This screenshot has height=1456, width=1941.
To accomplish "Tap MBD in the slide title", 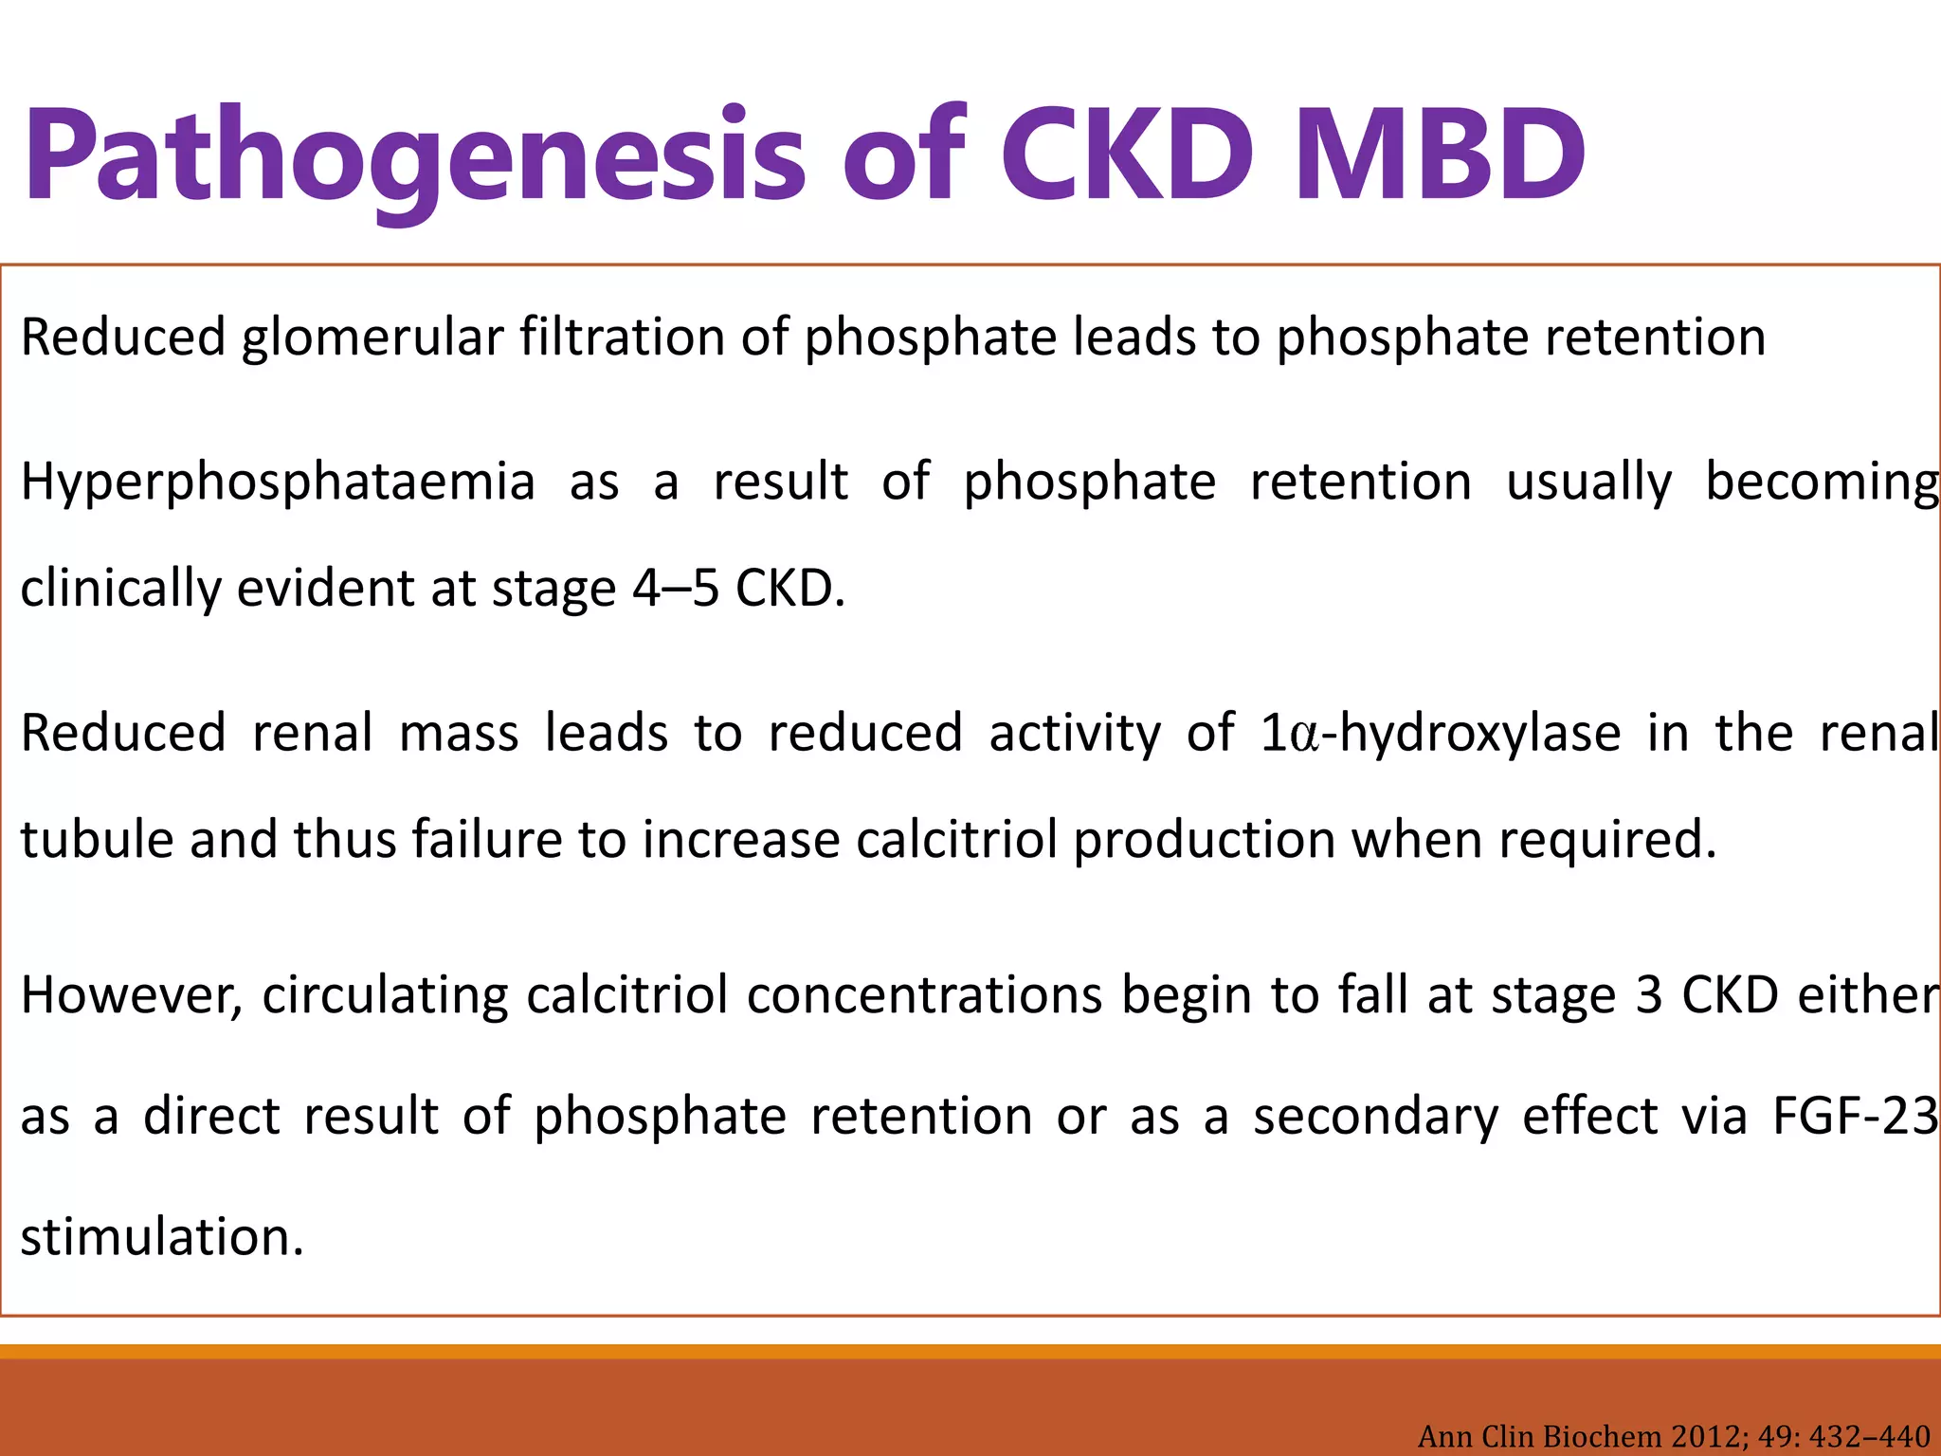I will (1440, 156).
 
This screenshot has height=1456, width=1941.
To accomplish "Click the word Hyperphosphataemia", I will (278, 482).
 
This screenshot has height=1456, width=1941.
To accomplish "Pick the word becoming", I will (1822, 482).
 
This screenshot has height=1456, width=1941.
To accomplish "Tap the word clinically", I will (120, 589).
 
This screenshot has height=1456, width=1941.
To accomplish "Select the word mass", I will (459, 734).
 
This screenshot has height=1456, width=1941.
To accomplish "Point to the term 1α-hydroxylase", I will (1440, 734).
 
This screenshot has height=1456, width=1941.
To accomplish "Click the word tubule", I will (96, 840).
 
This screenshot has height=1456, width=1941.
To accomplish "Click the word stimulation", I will (162, 1237).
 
